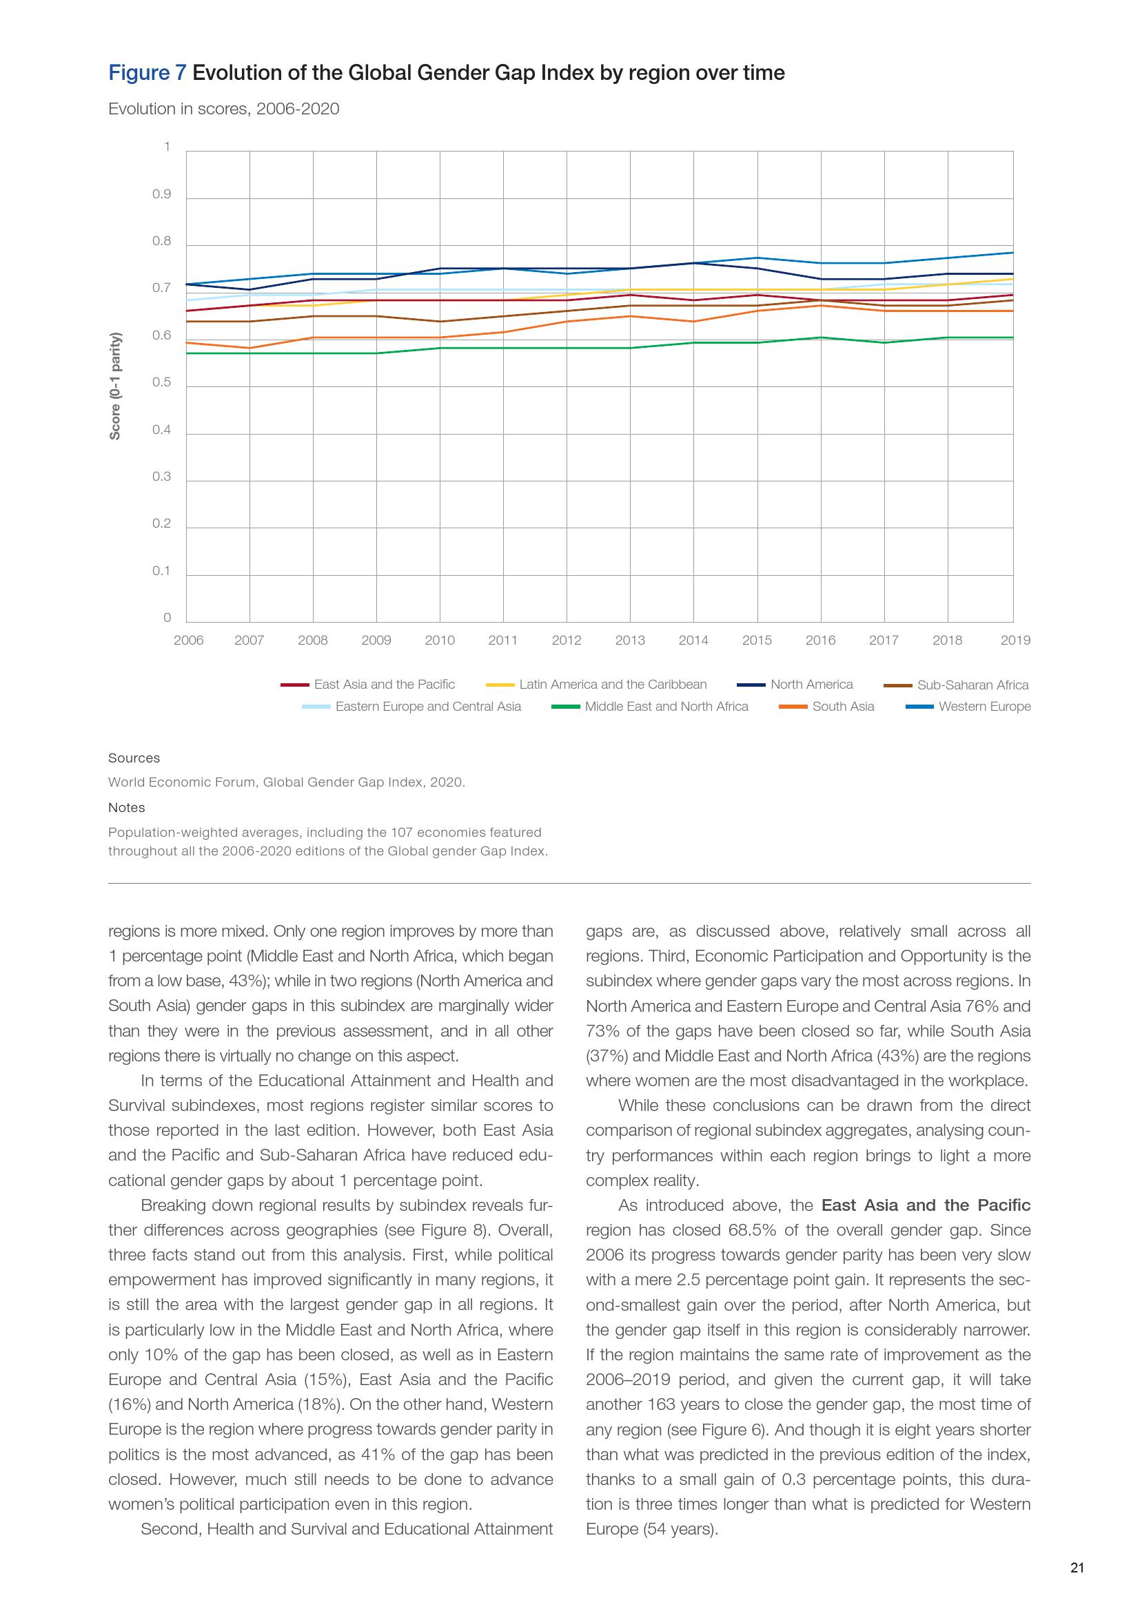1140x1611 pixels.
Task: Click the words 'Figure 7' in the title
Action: point(147,73)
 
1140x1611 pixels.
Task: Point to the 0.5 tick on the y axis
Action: point(161,383)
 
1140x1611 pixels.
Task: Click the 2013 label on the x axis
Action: point(630,640)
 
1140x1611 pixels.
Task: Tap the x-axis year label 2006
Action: point(188,640)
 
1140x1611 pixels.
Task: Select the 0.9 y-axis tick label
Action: point(161,194)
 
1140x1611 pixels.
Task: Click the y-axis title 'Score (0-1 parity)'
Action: point(115,386)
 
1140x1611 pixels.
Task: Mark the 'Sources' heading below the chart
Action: point(134,758)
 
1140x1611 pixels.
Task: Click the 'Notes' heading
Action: point(126,808)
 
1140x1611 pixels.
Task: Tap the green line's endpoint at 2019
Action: point(1012,337)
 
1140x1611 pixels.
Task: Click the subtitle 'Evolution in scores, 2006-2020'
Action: point(223,109)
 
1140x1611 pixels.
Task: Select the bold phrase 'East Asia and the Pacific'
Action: point(925,1205)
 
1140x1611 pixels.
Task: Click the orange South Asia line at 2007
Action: point(250,348)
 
